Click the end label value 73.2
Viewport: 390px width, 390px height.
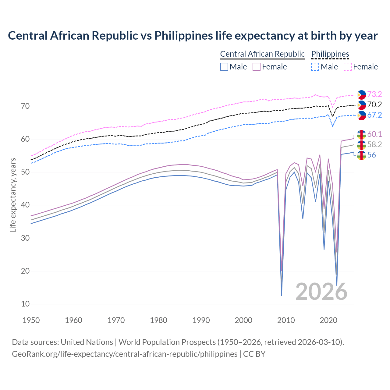[x=374, y=94]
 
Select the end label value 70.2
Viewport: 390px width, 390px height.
[x=374, y=105]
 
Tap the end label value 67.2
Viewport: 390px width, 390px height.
[x=374, y=115]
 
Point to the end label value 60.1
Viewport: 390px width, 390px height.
[x=374, y=134]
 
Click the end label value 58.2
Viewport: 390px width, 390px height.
[x=374, y=144]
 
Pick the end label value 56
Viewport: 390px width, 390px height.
[x=371, y=155]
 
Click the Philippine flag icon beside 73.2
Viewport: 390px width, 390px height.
[x=361, y=95]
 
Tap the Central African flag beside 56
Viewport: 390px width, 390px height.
[x=361, y=155]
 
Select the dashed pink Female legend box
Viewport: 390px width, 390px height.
[x=348, y=67]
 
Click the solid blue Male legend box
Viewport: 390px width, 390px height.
[x=224, y=67]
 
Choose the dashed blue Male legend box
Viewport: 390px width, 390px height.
[x=315, y=67]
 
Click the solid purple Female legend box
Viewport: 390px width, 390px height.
[x=257, y=67]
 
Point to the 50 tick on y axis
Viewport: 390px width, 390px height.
[x=26, y=172]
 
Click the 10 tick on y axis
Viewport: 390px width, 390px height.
[x=26, y=304]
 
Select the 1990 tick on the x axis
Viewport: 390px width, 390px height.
[x=201, y=320]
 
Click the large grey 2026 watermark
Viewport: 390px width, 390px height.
[x=321, y=292]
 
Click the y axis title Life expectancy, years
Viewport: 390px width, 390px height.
[x=13, y=195]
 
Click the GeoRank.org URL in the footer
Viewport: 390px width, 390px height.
[x=124, y=354]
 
